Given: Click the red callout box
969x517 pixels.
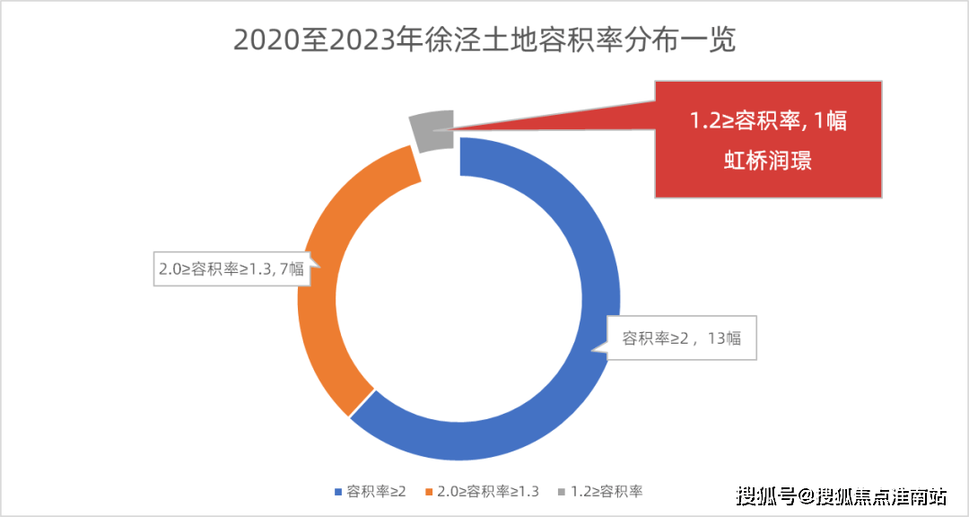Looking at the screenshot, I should click(768, 139).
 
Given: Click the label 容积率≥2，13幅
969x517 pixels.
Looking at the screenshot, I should click(682, 338).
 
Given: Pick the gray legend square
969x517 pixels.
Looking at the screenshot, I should click(561, 492).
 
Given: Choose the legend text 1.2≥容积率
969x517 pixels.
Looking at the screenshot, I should click(607, 492).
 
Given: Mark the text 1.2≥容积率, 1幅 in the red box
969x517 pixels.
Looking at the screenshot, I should click(768, 121).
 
